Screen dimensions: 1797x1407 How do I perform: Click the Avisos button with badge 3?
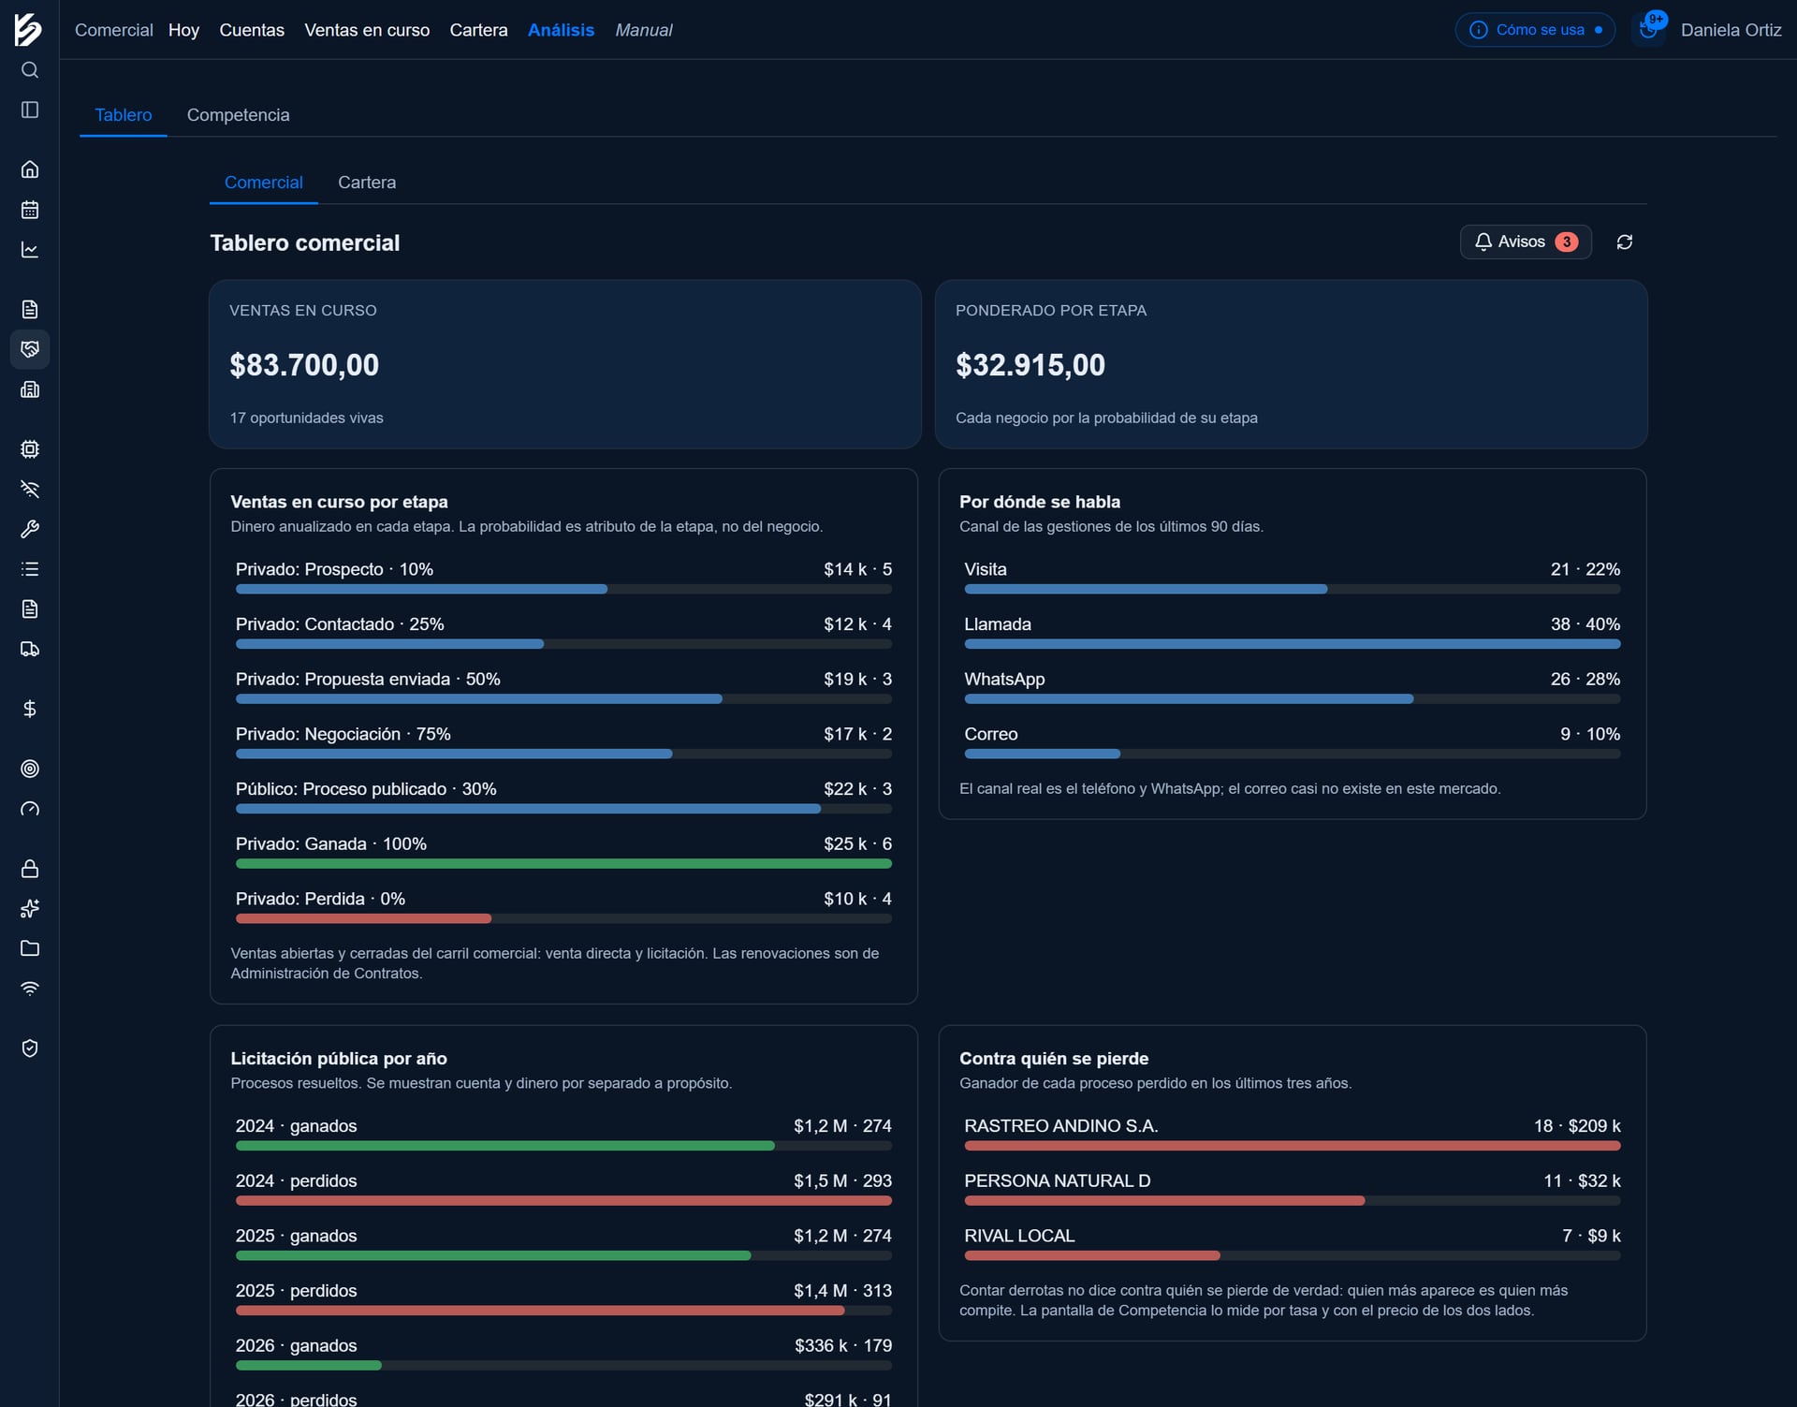(x=1526, y=242)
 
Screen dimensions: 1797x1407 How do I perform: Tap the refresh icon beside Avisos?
(x=1625, y=242)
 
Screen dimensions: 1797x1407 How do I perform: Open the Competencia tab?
(x=238, y=115)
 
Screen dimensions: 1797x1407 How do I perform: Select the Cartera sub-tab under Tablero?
(x=367, y=183)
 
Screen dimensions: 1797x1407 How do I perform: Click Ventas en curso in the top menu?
(x=367, y=30)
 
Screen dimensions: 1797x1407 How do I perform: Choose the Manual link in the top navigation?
(x=644, y=30)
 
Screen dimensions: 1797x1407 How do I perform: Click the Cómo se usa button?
(x=1535, y=30)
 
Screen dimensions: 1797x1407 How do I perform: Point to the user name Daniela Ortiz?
(x=1731, y=30)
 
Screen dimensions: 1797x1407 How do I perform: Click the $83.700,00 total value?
(x=304, y=365)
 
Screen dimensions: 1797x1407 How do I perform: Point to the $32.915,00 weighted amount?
(x=1030, y=365)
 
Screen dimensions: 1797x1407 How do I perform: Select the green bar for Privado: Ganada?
(x=563, y=864)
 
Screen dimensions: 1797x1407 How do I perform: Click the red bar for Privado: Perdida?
(x=363, y=919)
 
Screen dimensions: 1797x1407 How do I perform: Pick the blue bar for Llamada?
(x=1293, y=644)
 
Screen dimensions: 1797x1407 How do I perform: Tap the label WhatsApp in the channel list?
(x=1004, y=680)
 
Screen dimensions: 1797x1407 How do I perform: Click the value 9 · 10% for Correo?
(x=1590, y=735)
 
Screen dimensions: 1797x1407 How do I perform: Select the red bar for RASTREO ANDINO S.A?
(x=1293, y=1146)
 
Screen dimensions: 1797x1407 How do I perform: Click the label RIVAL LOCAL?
(x=1019, y=1236)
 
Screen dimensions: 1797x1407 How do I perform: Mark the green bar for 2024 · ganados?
(x=505, y=1146)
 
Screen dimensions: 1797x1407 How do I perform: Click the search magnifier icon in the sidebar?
(x=30, y=70)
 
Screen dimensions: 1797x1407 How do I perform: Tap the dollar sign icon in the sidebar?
(x=30, y=709)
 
